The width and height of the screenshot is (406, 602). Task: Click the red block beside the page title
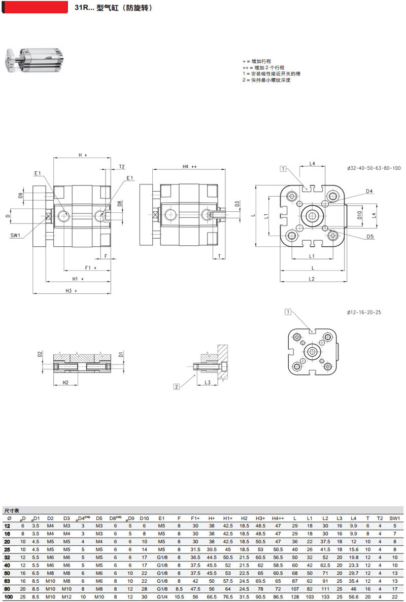[x=35, y=7]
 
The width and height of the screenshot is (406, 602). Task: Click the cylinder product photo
[x=33, y=60]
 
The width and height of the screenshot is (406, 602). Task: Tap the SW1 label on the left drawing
[x=15, y=235]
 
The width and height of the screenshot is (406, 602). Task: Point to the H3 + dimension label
[x=71, y=291]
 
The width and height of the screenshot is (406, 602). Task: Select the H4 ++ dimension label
[x=189, y=167]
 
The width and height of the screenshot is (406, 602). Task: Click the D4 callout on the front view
[x=369, y=191]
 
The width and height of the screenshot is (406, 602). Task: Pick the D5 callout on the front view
[x=370, y=237]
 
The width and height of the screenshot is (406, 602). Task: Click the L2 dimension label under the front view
[x=312, y=279]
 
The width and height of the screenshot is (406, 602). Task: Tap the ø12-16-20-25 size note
[x=364, y=313]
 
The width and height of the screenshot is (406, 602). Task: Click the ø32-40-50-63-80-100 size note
[x=374, y=168]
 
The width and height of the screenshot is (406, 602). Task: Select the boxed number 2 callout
[x=177, y=387]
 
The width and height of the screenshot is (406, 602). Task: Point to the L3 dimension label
[x=208, y=383]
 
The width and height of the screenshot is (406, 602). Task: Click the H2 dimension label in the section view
[x=65, y=383]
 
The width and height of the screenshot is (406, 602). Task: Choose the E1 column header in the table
[x=161, y=518]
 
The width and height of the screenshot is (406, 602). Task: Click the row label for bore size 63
[x=7, y=581]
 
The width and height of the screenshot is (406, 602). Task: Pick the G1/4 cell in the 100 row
[x=162, y=596]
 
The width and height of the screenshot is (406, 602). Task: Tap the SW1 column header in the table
[x=394, y=518]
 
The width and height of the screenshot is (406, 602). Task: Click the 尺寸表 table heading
[x=12, y=511]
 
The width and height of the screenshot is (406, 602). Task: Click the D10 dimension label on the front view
[x=359, y=215]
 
